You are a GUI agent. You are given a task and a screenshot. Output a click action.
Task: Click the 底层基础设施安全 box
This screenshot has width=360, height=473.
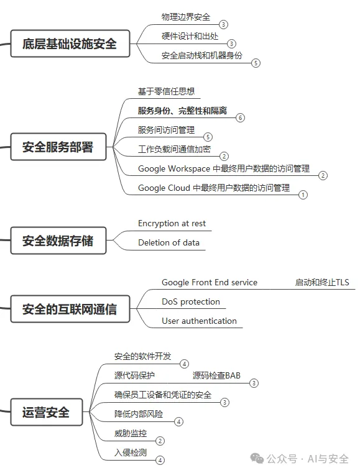[x=70, y=44]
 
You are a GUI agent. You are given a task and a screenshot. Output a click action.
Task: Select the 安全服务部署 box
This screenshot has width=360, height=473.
[x=58, y=147]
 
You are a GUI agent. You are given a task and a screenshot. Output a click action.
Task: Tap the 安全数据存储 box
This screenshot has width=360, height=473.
[x=58, y=241]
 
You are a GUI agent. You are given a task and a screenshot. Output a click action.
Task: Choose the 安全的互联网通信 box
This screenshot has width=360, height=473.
[x=70, y=309]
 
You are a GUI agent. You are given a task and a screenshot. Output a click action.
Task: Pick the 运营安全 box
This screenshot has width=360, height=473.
[x=47, y=412]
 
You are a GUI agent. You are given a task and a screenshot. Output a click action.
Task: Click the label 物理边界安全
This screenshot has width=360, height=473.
[x=185, y=17]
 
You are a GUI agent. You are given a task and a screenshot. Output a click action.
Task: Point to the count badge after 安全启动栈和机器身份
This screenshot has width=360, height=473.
[x=256, y=63]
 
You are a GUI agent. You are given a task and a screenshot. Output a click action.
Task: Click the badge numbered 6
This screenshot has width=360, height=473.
[x=240, y=117]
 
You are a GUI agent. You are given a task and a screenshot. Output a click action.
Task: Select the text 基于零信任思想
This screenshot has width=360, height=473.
[x=166, y=91]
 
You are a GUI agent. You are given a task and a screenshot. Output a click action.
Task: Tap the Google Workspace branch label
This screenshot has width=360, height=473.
[x=224, y=168]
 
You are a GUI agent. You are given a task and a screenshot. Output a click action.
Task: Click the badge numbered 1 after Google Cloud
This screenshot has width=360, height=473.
[x=303, y=195]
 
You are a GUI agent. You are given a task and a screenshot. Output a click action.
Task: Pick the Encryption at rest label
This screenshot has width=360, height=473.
[x=172, y=224]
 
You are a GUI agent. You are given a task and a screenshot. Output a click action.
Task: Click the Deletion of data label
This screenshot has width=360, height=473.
[x=168, y=242]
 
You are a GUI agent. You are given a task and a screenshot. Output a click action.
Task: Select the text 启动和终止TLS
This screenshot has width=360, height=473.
[x=322, y=282]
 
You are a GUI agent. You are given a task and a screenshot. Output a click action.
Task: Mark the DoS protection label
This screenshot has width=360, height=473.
[x=191, y=301]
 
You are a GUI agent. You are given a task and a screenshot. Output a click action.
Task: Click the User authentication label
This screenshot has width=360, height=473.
[x=199, y=321]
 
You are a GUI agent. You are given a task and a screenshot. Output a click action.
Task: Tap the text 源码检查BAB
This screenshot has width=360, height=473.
[x=216, y=375]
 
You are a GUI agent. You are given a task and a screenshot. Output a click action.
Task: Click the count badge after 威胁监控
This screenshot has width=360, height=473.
[x=160, y=441]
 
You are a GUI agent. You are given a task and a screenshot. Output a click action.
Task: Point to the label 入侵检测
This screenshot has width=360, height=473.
[x=131, y=452]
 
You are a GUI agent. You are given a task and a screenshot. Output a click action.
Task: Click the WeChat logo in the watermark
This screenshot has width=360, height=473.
[x=257, y=459]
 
